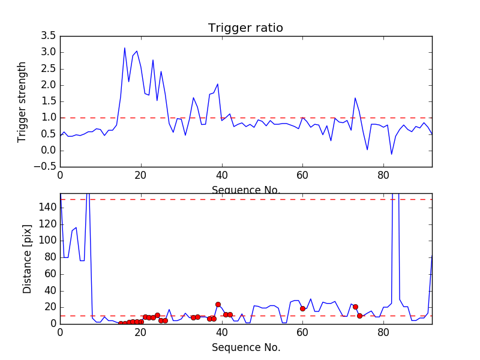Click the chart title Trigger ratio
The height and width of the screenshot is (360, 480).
[245, 28]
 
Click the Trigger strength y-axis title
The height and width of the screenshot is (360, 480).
[22, 101]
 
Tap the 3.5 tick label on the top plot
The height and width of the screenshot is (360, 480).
[49, 36]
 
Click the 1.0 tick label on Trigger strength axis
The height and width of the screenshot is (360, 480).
[49, 118]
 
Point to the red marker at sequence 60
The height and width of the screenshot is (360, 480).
[302, 308]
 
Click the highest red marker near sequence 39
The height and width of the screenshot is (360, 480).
[218, 304]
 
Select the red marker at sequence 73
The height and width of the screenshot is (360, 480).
[355, 307]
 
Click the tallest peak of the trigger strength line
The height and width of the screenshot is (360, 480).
[125, 48]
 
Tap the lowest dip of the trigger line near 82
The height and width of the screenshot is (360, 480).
[392, 154]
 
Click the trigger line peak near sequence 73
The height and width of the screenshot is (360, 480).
[355, 98]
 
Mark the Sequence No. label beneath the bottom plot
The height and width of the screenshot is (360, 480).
[245, 347]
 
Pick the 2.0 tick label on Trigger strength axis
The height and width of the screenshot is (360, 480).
[49, 85]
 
